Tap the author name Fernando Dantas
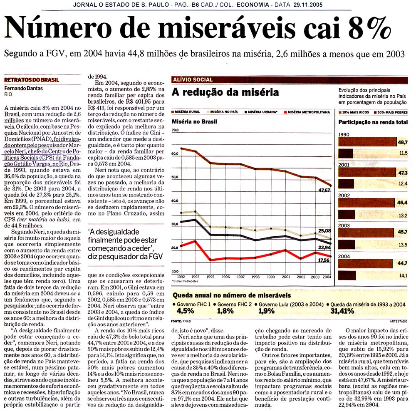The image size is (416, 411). click(x=23, y=88)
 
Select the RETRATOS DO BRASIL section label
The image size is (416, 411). click(x=32, y=80)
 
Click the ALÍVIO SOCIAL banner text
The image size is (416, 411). click(x=193, y=79)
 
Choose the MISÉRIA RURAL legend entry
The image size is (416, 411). click(x=186, y=112)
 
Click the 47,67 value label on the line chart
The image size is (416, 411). click(x=324, y=190)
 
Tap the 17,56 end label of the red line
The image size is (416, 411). click(x=324, y=260)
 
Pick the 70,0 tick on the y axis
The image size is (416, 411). click(x=175, y=130)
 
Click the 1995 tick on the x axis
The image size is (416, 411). click(x=210, y=277)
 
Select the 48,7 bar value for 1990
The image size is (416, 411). click(x=402, y=143)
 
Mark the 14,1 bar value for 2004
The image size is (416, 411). click(x=403, y=276)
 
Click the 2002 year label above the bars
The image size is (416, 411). click(x=344, y=195)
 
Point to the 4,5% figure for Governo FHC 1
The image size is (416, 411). click(x=185, y=311)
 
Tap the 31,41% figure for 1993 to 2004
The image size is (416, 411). click(x=342, y=311)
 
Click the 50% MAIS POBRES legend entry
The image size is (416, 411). click(x=391, y=112)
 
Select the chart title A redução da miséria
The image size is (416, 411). click(x=225, y=92)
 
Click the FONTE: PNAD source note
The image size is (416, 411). click(x=181, y=321)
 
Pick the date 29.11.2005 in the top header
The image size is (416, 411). click(x=308, y=5)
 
